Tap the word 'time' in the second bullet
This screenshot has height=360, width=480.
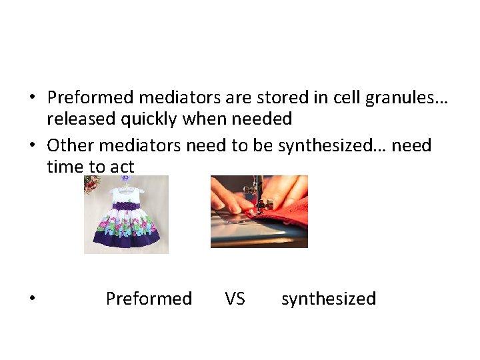tap(65, 166)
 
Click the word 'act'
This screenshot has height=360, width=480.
tap(121, 166)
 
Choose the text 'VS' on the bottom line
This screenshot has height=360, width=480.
tap(235, 299)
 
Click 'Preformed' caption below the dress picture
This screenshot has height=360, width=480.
tap(149, 299)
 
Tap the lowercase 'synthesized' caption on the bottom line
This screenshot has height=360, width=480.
tap(329, 299)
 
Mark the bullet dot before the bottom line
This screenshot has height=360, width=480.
tap(32, 299)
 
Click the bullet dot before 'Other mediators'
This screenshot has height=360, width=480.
tap(32, 145)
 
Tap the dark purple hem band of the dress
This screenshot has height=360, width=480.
tap(126, 241)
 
